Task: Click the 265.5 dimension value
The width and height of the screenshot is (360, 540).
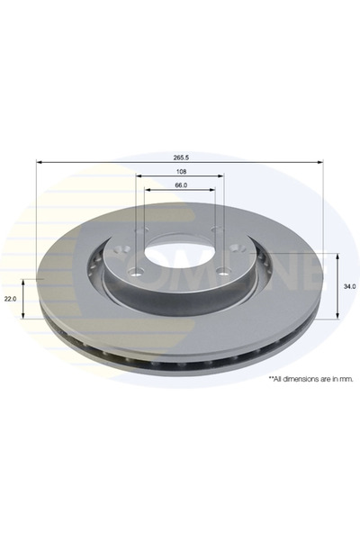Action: point(179,156)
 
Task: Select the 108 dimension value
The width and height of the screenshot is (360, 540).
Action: point(179,171)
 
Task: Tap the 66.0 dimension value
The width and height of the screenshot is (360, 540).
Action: point(179,185)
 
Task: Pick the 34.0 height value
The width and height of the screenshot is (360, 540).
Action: point(349,286)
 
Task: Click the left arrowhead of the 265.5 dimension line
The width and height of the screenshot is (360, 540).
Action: point(39,162)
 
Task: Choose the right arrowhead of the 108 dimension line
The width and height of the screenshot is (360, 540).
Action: point(220,177)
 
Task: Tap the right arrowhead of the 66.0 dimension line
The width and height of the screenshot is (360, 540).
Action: point(213,192)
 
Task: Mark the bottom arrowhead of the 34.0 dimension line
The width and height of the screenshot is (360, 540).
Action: point(337,316)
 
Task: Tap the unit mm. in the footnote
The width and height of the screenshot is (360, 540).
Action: point(346,379)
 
